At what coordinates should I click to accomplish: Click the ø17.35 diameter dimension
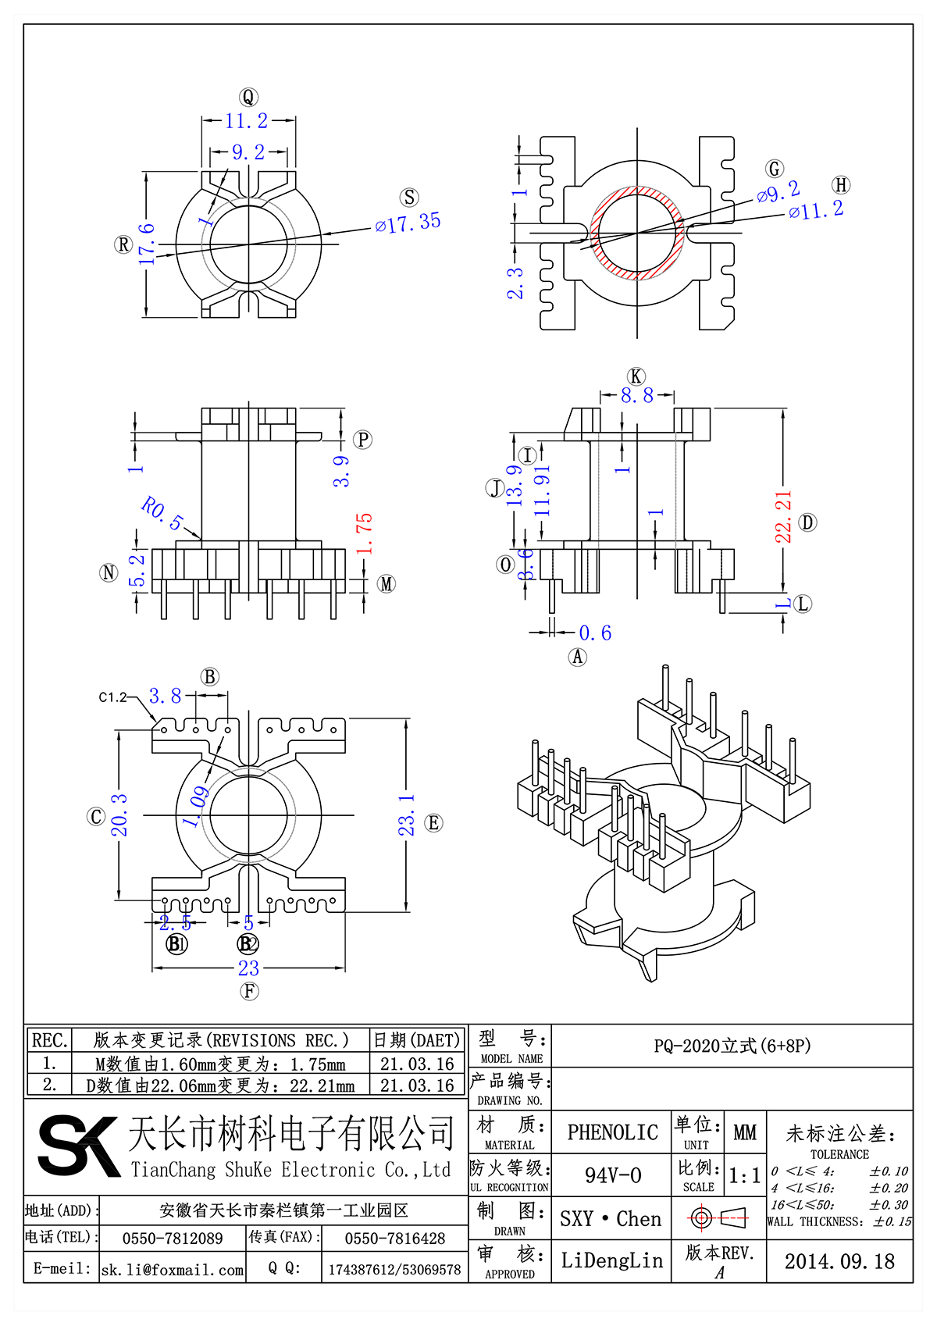click(408, 223)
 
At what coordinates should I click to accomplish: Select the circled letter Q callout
click(248, 97)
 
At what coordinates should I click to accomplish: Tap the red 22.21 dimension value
click(783, 516)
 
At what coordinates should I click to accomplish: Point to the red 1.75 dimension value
click(365, 533)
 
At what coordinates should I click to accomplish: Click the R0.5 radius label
click(162, 512)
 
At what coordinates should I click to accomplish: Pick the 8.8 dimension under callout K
click(636, 396)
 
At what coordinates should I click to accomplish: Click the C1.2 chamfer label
click(112, 697)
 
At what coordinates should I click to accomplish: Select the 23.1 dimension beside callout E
click(407, 815)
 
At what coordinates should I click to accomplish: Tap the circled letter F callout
click(249, 991)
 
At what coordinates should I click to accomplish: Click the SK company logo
click(78, 1146)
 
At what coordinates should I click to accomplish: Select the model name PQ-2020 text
click(732, 1046)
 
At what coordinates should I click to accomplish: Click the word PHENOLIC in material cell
click(612, 1132)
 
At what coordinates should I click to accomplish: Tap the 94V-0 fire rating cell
click(612, 1175)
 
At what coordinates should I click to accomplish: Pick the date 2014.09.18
click(839, 1261)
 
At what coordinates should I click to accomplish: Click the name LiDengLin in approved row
click(611, 1260)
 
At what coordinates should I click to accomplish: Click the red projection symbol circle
click(700, 1217)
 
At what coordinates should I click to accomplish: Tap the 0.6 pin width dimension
click(595, 633)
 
